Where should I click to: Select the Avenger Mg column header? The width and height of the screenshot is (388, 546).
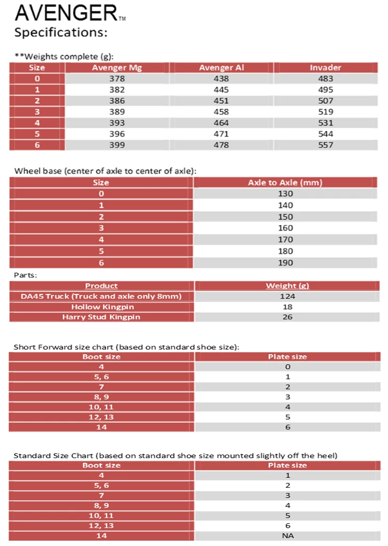point(117,68)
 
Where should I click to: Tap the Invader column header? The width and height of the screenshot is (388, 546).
point(325,68)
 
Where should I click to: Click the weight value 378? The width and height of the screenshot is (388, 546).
point(117,79)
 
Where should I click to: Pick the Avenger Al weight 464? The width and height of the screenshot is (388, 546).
point(221,123)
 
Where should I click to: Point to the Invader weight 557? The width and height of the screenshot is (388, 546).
point(325,145)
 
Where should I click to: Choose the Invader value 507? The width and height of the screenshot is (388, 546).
point(325,101)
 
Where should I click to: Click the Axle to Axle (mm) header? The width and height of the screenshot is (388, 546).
point(285,182)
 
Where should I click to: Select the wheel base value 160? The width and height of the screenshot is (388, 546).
point(286,228)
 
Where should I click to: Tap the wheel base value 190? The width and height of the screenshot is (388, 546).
point(286,262)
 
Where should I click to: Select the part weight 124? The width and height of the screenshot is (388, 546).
point(287,296)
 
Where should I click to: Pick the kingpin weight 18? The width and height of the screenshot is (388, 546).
point(287,307)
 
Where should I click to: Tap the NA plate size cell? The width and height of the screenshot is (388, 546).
point(287,536)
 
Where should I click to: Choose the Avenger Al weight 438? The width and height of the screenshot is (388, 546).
point(221,79)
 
